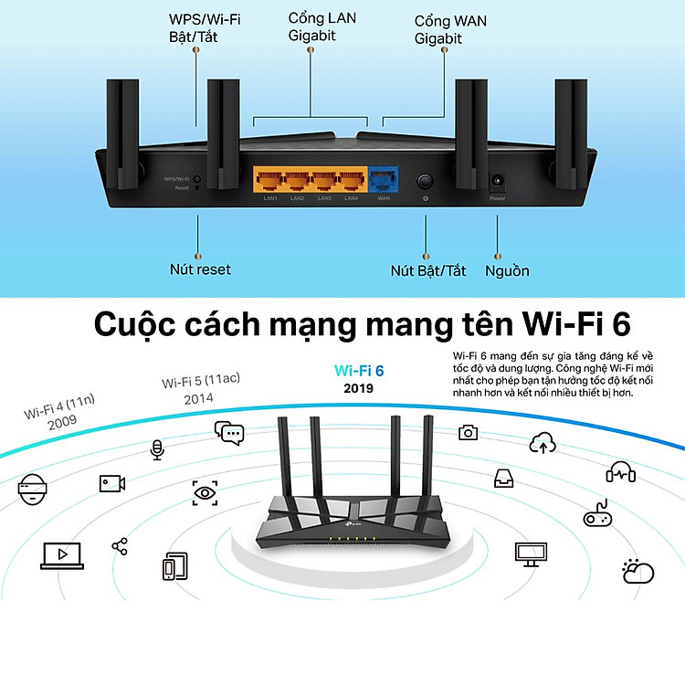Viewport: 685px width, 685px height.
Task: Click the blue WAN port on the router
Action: [384, 179]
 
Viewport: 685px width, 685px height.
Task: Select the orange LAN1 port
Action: [270, 179]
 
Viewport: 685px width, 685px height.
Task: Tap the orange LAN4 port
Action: [350, 179]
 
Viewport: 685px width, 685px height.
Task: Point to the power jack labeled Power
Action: [498, 181]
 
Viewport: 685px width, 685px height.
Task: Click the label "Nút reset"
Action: [200, 269]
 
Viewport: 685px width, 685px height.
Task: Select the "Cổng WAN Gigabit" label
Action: [438, 29]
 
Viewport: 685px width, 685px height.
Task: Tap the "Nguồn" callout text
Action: [507, 270]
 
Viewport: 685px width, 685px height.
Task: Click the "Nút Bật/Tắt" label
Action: [428, 270]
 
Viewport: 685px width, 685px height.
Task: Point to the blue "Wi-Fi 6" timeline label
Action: [360, 370]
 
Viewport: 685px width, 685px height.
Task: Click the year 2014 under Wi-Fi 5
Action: [198, 399]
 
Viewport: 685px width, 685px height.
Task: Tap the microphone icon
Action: [157, 449]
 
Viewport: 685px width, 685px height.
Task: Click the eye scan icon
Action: [205, 492]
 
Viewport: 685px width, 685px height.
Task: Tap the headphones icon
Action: [620, 472]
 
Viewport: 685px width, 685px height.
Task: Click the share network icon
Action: [120, 545]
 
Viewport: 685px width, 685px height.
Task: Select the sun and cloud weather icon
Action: [638, 572]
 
